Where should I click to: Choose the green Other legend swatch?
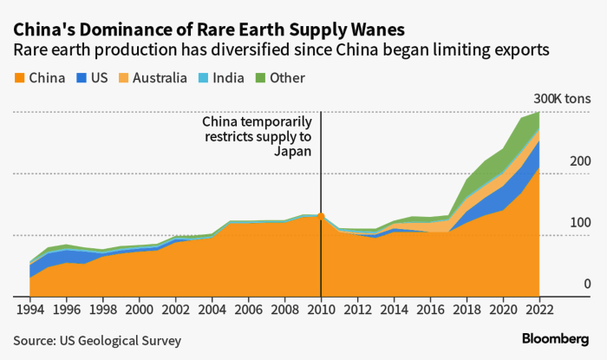pos(258,78)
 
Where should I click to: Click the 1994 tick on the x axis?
pos(29,309)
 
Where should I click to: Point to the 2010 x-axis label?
pos(321,309)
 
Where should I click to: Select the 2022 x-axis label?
pos(539,309)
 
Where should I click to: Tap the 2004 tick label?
pos(212,309)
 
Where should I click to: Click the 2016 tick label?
pos(430,309)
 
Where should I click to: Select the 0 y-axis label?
pos(587,285)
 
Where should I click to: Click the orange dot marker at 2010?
pos(321,216)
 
